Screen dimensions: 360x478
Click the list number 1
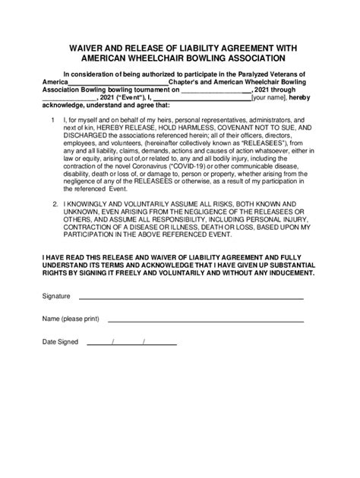(x=51, y=120)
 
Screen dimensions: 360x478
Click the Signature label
(x=56, y=296)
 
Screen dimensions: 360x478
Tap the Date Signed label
(x=60, y=342)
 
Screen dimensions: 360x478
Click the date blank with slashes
(x=131, y=343)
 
